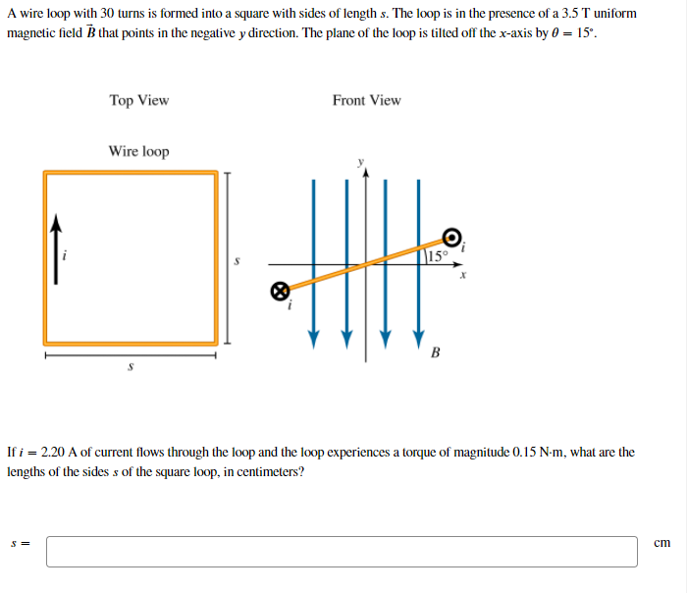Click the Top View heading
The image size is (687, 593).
(139, 100)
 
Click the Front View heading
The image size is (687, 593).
(366, 100)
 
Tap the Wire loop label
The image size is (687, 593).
(138, 151)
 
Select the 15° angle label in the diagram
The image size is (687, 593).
(438, 256)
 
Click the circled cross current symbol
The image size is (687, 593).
(280, 291)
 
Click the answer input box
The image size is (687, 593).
(342, 551)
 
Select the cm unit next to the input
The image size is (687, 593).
(661, 542)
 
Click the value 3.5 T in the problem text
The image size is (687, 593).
(577, 14)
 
